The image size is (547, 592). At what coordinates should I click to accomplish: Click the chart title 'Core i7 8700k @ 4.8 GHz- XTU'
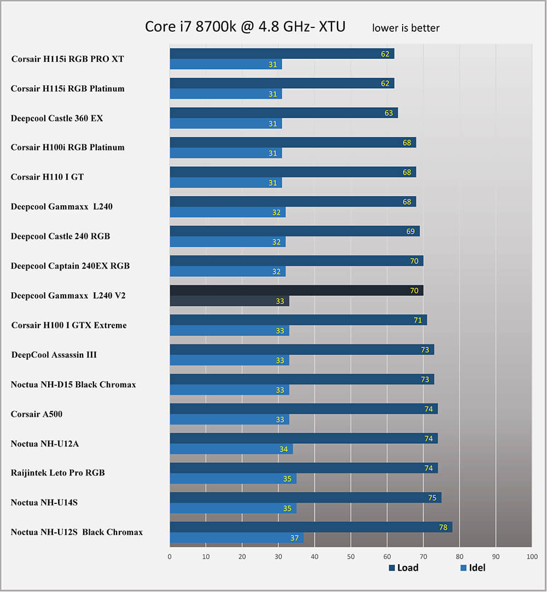[x=245, y=26]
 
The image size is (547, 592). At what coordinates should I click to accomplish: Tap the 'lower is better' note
[x=405, y=28]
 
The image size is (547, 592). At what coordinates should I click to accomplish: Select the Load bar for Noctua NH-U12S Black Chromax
[x=311, y=527]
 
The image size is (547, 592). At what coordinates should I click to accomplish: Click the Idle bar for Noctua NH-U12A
[x=231, y=449]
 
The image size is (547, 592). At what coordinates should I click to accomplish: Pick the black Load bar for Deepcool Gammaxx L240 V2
[x=296, y=291]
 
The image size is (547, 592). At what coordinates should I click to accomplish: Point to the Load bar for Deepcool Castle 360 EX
[x=283, y=113]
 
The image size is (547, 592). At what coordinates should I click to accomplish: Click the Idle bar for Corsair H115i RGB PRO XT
[x=225, y=65]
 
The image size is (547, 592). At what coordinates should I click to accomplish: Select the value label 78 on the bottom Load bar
[x=443, y=527]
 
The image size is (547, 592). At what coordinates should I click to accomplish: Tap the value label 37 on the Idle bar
[x=295, y=538]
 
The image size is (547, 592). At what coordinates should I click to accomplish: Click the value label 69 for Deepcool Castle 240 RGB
[x=411, y=231]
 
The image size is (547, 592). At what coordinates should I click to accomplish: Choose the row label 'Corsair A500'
[x=37, y=414]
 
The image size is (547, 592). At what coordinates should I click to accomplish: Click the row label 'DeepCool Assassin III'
[x=54, y=355]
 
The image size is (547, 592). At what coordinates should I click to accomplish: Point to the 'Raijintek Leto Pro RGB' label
[x=57, y=473]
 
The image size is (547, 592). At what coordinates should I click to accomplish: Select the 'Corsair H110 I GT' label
[x=47, y=177]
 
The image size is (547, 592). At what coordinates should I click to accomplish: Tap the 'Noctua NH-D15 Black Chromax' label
[x=73, y=385]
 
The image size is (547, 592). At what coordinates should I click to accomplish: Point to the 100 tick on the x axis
[x=532, y=556]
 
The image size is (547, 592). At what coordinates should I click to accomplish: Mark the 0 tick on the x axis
[x=170, y=556]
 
